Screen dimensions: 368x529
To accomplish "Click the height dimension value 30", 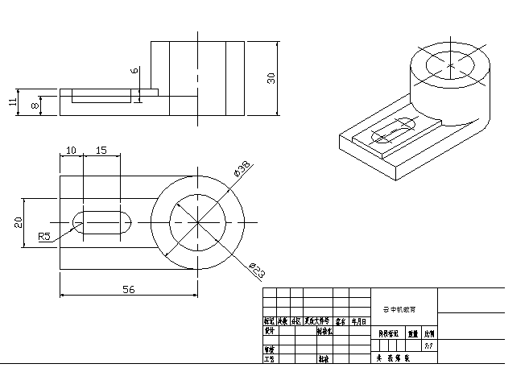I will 271,77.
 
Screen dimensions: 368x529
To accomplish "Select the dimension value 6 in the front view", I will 134,71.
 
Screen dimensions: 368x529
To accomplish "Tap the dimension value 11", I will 13,102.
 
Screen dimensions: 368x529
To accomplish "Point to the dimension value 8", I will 35,105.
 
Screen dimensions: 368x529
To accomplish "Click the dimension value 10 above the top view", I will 71,151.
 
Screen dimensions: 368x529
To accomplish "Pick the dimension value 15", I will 101,151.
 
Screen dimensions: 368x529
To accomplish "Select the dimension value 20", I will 18,222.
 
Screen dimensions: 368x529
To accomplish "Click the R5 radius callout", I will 45,237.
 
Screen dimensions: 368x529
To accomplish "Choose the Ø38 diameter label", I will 241,169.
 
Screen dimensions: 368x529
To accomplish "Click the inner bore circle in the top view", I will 197,222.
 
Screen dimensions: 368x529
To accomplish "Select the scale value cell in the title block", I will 428,345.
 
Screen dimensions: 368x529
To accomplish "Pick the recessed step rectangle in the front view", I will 101,97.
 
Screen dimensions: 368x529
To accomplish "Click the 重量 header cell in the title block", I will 412,331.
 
